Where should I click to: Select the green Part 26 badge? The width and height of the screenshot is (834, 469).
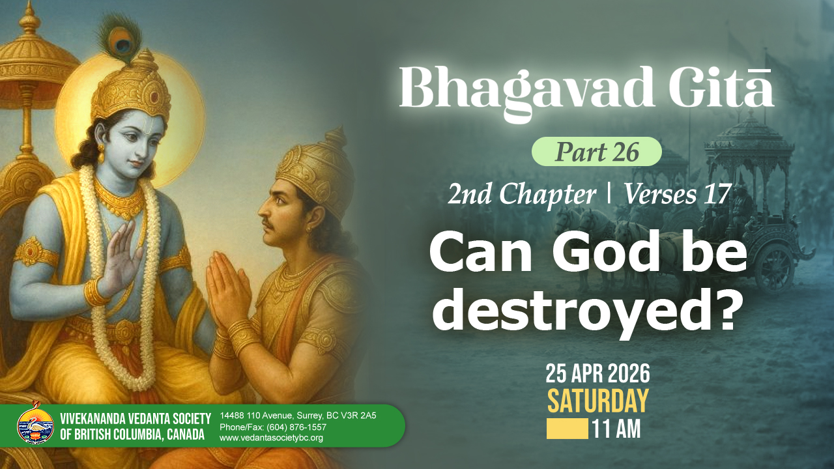(596, 152)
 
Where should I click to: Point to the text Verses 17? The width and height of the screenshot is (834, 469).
(676, 194)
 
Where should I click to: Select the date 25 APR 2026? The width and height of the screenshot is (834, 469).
(597, 374)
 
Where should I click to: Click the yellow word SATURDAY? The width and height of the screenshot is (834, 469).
(597, 401)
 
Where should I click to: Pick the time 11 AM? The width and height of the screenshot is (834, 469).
(616, 429)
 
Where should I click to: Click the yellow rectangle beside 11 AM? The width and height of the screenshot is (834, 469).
(568, 429)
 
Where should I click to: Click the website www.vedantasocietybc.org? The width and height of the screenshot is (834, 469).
(271, 438)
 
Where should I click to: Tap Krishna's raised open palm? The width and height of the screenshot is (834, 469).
(121, 257)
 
